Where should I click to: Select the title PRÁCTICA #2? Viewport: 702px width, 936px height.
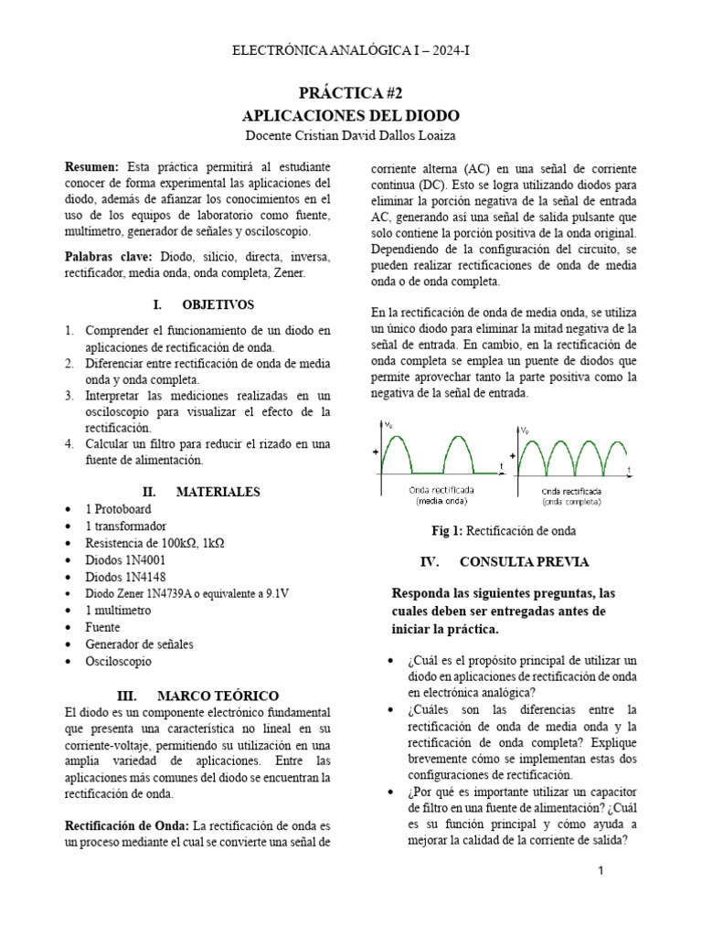(x=351, y=93)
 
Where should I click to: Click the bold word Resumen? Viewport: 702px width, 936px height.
(x=92, y=167)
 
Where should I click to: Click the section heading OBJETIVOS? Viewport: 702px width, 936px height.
(x=218, y=304)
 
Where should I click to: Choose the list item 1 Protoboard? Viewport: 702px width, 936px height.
(x=118, y=509)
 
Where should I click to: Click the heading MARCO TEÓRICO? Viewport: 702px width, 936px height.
(x=218, y=696)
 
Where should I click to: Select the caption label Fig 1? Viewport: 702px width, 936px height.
(x=449, y=531)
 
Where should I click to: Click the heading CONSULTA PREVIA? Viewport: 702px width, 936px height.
(x=524, y=561)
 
